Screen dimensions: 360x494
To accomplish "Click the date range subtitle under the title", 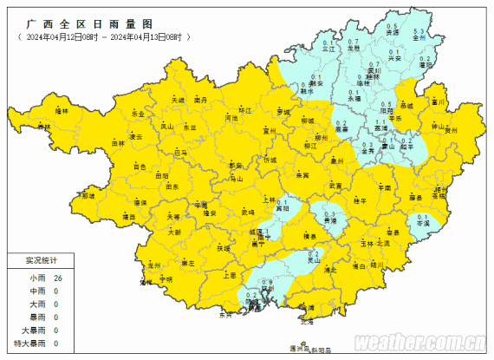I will pyautogui.click(x=103, y=39).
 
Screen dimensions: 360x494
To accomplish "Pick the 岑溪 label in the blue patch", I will pyautogui.click(x=423, y=223).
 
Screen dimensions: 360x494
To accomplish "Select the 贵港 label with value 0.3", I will pyautogui.click(x=329, y=222).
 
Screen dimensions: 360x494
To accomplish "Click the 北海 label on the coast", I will pyautogui.click(x=306, y=321).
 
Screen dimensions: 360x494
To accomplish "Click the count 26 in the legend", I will pyautogui.click(x=58, y=278).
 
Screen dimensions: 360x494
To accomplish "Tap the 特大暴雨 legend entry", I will pyautogui.click(x=30, y=344).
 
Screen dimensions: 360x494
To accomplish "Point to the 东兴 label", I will pyautogui.click(x=226, y=314).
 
